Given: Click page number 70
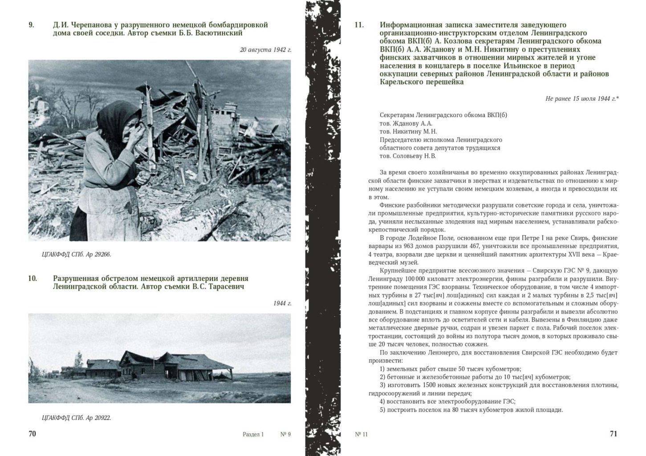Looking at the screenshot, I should pyautogui.click(x=32, y=434).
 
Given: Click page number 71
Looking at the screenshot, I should pyautogui.click(x=613, y=434).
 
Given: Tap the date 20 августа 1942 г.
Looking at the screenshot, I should pyautogui.click(x=265, y=49).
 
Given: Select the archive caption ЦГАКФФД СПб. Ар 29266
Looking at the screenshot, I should pyautogui.click(x=76, y=254).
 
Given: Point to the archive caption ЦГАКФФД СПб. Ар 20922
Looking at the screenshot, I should pyautogui.click(x=76, y=417).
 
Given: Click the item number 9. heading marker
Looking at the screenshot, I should pyautogui.click(x=31, y=25).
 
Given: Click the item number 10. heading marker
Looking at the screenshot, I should pyautogui.click(x=32, y=279).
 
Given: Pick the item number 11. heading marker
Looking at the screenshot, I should pyautogui.click(x=359, y=25).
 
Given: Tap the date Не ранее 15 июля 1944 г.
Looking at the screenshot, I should pyautogui.click(x=581, y=98).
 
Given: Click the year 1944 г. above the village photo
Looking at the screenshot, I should pyautogui.click(x=282, y=303).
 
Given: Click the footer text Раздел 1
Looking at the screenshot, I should pyautogui.click(x=253, y=435).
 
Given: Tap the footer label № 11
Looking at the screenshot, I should pyautogui.click(x=362, y=435).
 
